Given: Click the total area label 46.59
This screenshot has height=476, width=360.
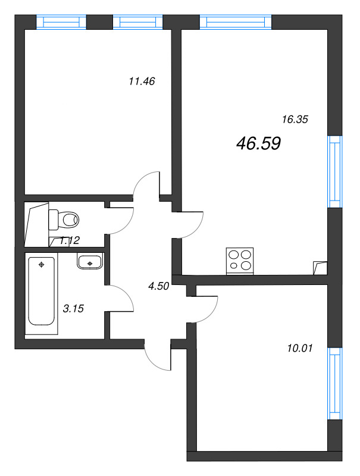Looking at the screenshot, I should [258, 143].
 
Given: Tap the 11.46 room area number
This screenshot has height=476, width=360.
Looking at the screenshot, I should [142, 82].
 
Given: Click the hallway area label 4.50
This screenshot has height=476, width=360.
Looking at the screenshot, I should [159, 286].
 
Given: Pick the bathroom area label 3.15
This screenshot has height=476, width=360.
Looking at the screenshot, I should [73, 308].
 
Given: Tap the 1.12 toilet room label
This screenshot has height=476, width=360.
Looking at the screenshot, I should [70, 240].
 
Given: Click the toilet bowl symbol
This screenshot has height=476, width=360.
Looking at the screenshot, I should [64, 220].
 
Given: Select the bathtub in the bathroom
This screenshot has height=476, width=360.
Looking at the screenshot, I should [42, 292].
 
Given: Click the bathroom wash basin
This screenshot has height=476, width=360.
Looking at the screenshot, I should [90, 261].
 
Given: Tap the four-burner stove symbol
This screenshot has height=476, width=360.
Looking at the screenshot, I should [240, 261].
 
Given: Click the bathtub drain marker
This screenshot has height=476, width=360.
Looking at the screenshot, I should [41, 264].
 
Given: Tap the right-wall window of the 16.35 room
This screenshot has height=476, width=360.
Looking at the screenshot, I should [336, 171].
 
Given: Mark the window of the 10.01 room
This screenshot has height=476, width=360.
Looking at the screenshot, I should [336, 384].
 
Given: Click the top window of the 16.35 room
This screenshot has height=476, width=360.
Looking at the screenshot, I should [236, 22].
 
